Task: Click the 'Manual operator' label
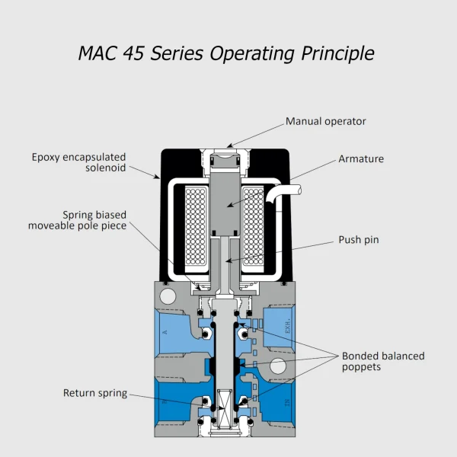click(325, 121)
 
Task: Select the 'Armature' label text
click(361, 159)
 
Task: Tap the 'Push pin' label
click(359, 240)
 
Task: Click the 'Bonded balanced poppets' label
click(383, 360)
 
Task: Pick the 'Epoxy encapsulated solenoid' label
click(78, 162)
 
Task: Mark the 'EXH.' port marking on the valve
click(288, 331)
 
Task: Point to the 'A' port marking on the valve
click(165, 332)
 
